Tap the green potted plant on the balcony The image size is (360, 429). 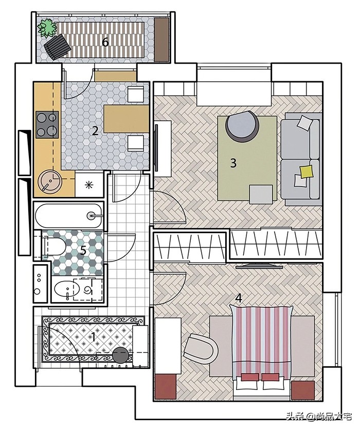(47, 28)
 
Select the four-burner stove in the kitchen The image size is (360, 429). (47, 124)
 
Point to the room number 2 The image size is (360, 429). (95, 131)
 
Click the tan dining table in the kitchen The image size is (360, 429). (127, 119)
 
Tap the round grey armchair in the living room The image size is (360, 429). (242, 125)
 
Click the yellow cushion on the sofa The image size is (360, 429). (307, 172)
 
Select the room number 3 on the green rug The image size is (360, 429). (233, 163)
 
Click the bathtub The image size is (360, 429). (69, 216)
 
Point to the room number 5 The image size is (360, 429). (83, 250)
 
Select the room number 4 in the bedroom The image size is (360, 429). (239, 298)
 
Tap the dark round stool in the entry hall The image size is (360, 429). (120, 355)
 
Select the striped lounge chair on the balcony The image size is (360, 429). (58, 46)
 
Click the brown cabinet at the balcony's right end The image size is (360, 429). (161, 40)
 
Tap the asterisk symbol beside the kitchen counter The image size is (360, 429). (89, 185)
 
